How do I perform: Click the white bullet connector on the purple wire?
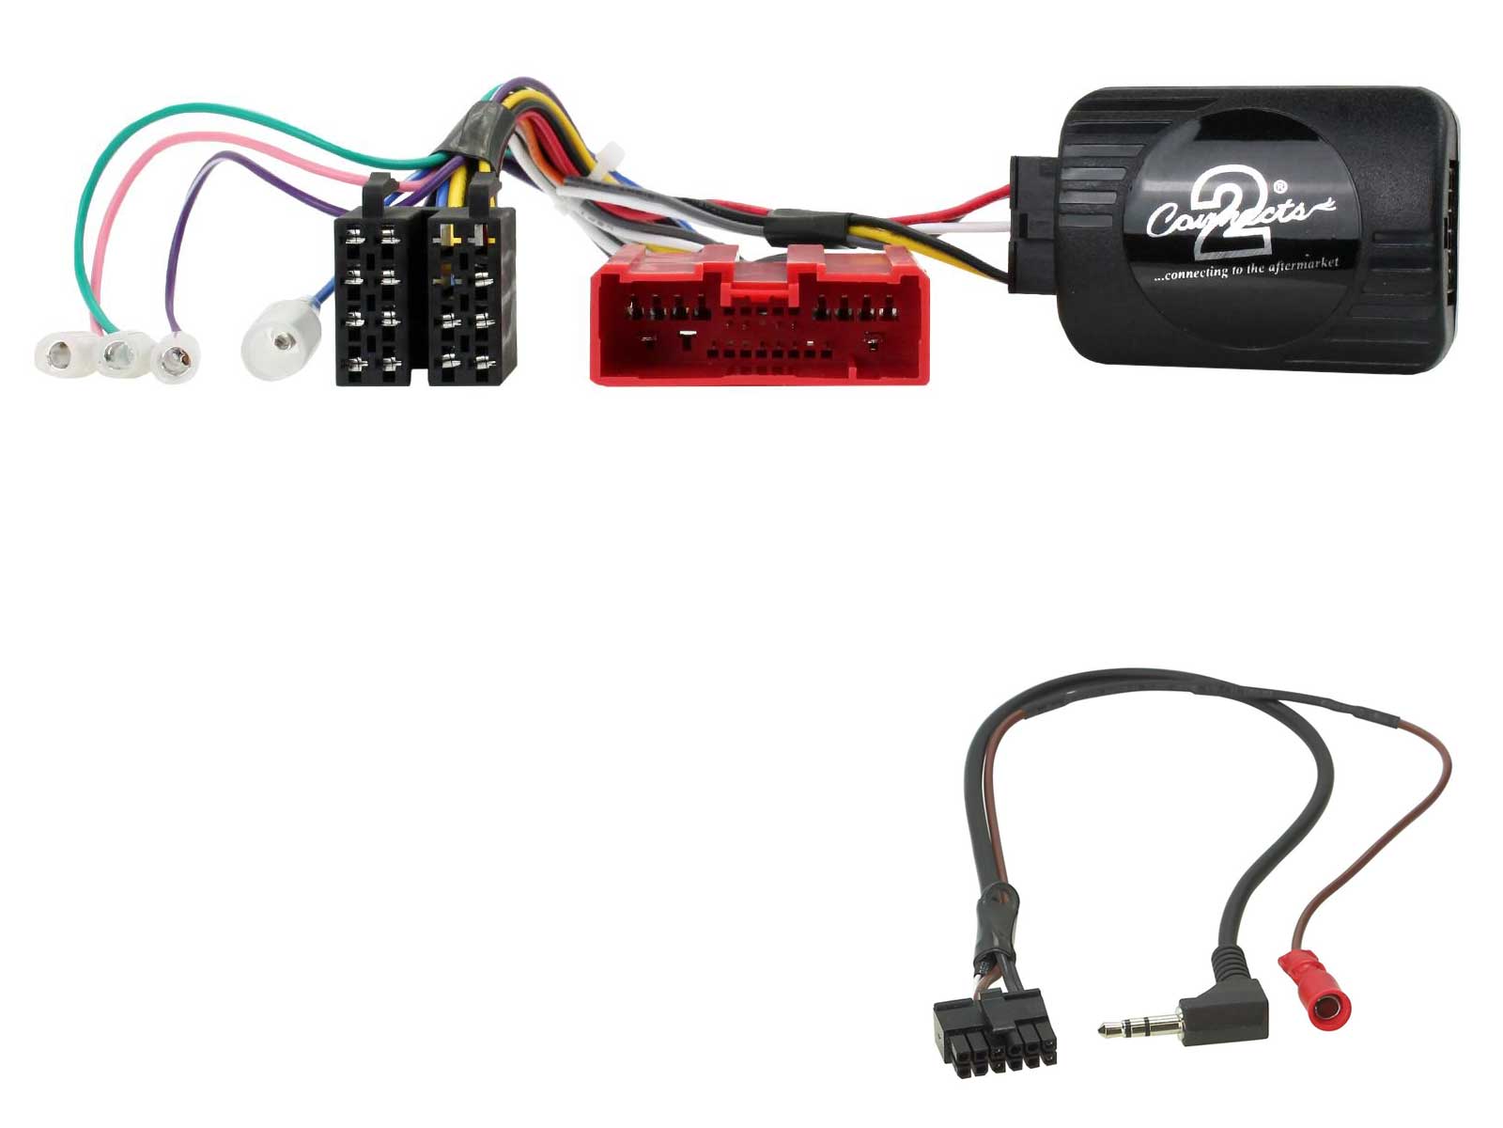click(x=176, y=357)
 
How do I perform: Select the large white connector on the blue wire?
click(x=281, y=338)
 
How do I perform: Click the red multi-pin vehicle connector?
click(x=759, y=315)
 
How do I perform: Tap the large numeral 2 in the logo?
click(x=1229, y=213)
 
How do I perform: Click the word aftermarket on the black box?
click(x=1297, y=265)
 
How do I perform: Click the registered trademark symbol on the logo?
click(x=1279, y=186)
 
